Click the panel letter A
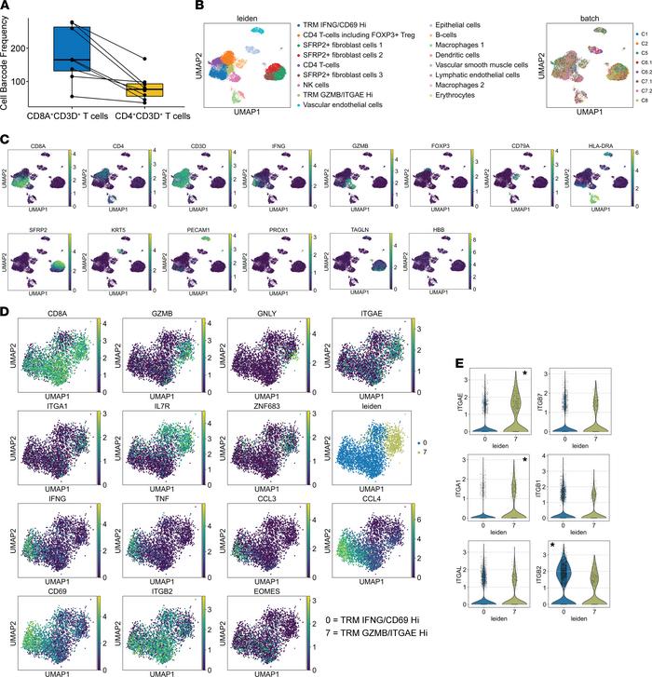click(7, 8)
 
